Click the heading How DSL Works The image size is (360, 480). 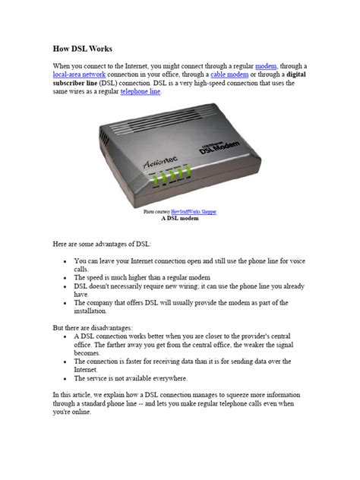[81, 48]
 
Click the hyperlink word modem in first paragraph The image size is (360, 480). [267, 68]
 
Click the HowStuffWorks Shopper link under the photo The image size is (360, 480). [193, 211]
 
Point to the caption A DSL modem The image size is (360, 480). [180, 218]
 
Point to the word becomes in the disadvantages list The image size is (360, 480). [90, 352]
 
